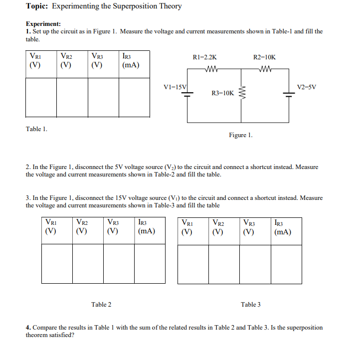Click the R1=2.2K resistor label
click(x=204, y=57)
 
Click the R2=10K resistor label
click(x=264, y=57)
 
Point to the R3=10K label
click(x=223, y=93)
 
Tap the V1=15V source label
click(x=175, y=87)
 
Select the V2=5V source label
click(x=306, y=87)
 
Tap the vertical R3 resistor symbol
click(x=242, y=92)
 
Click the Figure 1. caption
click(x=240, y=135)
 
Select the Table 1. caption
click(x=36, y=129)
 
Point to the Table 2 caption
click(x=101, y=304)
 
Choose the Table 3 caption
click(x=250, y=304)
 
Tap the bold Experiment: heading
click(x=43, y=23)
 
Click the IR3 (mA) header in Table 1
click(x=130, y=61)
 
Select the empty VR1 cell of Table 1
click(x=41, y=97)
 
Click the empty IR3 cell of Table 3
click(x=286, y=264)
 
